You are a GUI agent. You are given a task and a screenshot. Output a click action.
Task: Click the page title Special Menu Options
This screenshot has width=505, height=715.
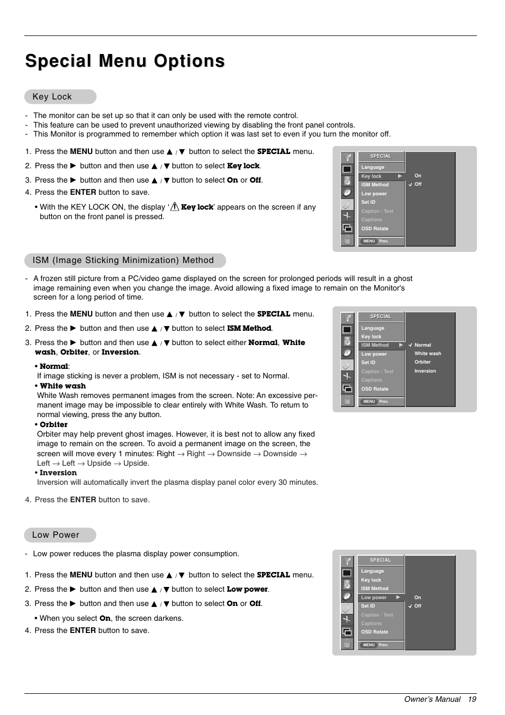click(125, 61)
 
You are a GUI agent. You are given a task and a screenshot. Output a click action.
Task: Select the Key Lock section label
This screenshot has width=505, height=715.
click(52, 97)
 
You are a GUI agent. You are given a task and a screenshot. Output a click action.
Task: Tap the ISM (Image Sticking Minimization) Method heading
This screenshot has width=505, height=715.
click(123, 260)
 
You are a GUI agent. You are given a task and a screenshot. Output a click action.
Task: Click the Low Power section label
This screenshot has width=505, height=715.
click(56, 535)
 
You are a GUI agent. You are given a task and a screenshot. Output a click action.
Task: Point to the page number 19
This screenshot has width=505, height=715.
click(472, 699)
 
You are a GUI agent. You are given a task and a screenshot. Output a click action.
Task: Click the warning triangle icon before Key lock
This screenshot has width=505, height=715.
click(175, 207)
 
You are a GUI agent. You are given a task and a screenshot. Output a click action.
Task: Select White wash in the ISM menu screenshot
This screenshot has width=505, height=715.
click(428, 354)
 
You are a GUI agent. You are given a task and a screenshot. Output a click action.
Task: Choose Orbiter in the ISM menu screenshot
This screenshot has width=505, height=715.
click(422, 363)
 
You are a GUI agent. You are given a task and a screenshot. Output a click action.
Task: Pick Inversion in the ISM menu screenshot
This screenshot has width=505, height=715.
click(425, 371)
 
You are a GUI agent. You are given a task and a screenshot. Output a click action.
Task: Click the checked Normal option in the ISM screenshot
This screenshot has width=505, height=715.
click(422, 345)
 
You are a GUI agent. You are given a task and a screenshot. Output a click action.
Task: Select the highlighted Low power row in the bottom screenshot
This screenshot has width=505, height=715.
click(381, 598)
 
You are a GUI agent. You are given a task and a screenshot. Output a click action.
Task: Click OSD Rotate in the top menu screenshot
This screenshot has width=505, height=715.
click(375, 229)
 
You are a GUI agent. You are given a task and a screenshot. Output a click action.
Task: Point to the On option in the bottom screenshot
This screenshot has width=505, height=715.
click(418, 598)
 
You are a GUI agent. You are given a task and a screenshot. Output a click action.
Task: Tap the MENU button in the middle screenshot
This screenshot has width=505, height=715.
click(369, 402)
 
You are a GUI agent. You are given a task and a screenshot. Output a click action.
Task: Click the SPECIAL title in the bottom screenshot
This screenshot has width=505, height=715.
click(381, 560)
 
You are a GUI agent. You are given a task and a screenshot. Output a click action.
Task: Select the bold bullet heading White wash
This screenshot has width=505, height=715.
click(62, 386)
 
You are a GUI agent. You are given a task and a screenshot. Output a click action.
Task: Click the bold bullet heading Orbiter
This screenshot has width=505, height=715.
click(53, 425)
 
